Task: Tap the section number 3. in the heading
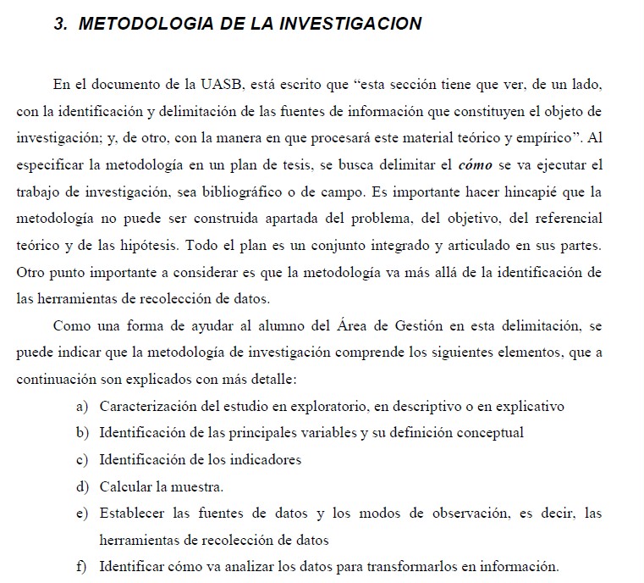coord(61,23)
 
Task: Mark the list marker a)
coord(82,407)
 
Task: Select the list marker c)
coord(82,460)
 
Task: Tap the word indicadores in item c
coord(264,460)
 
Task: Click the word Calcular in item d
coord(126,487)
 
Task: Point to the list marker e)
coord(82,514)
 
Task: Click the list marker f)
coord(82,567)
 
